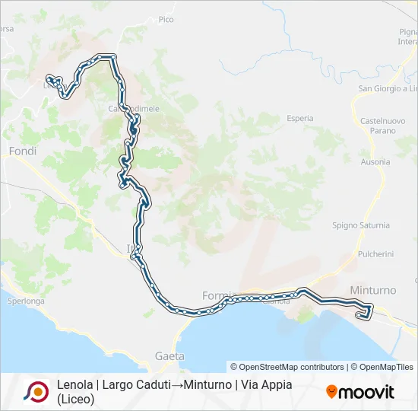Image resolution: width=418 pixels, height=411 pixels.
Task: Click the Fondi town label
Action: click(x=22, y=151)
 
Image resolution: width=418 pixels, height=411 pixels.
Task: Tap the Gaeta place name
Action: click(x=169, y=355)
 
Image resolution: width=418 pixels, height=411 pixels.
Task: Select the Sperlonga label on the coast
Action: click(x=26, y=301)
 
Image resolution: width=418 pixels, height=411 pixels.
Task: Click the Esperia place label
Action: click(x=300, y=118)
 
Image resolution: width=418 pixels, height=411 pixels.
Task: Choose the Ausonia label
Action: click(x=375, y=162)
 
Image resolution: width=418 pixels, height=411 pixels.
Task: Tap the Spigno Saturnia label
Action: click(x=361, y=225)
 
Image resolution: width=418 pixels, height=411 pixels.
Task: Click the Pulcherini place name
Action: click(x=375, y=253)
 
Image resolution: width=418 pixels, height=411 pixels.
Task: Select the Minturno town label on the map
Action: click(x=373, y=291)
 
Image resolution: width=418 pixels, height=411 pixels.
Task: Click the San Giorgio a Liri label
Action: click(x=388, y=89)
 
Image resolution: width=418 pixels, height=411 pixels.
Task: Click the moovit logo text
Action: click(x=366, y=392)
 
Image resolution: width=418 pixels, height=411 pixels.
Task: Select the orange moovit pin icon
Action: click(x=331, y=392)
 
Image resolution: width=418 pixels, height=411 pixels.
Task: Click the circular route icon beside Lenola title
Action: click(x=36, y=391)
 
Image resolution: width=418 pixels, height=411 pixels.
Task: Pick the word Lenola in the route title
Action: click(x=74, y=385)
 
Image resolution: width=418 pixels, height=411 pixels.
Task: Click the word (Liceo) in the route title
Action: click(x=75, y=399)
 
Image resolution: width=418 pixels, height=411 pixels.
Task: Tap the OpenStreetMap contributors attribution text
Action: click(x=287, y=367)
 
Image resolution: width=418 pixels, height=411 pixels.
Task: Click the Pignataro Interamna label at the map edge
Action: click(x=407, y=37)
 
